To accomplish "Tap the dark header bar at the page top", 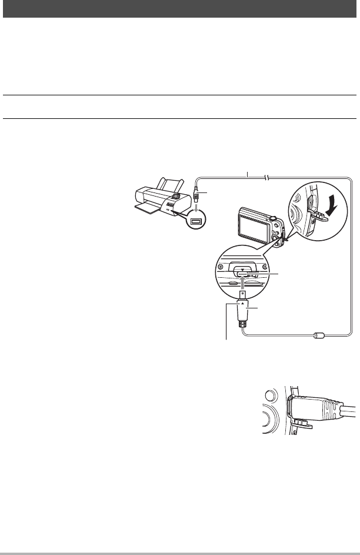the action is (x=180, y=8).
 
